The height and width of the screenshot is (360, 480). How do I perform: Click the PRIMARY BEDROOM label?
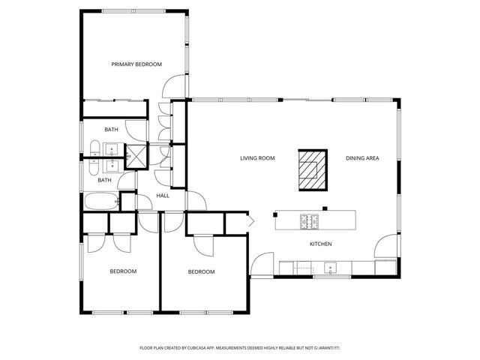click(136, 64)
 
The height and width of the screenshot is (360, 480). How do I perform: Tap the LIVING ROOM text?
click(257, 158)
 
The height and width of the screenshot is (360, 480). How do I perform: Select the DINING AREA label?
click(362, 158)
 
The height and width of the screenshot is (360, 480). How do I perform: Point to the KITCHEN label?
click(321, 244)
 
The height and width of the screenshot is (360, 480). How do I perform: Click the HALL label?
click(163, 196)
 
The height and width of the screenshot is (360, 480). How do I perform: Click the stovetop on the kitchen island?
click(310, 220)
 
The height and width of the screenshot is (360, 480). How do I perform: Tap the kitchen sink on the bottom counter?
click(329, 267)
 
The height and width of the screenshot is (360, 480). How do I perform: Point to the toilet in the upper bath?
click(95, 147)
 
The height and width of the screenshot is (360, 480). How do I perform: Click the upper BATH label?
click(111, 130)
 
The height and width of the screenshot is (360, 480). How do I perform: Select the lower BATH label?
click(104, 180)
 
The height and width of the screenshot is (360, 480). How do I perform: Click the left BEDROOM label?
click(123, 271)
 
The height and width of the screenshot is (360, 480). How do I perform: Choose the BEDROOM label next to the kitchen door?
click(201, 271)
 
